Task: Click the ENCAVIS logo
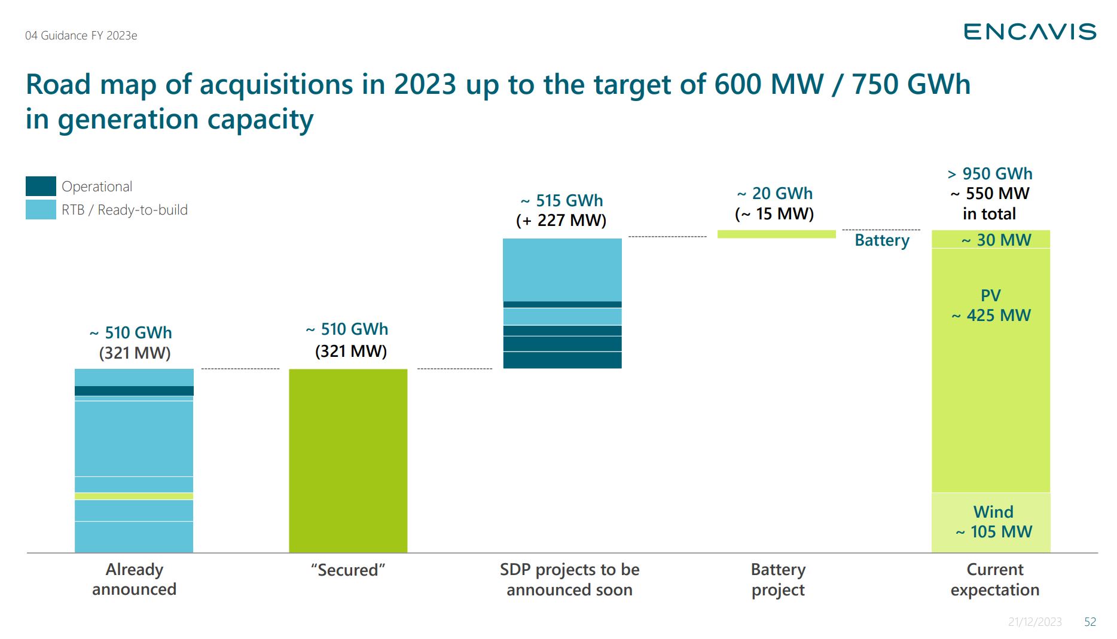(1030, 32)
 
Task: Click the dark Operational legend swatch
(41, 186)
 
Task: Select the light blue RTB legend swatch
(41, 210)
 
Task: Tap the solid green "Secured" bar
(348, 460)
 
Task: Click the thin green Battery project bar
(776, 234)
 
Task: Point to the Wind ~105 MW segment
(991, 522)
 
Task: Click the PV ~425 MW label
(991, 305)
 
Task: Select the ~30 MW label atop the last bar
(996, 240)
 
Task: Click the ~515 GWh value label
(561, 200)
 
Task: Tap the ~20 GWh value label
(775, 194)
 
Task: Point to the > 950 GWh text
(990, 174)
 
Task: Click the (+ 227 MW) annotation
(561, 221)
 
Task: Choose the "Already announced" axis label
(134, 579)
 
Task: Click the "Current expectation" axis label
(995, 579)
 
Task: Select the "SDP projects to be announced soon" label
(569, 579)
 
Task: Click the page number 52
(1090, 622)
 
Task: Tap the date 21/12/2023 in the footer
(1034, 622)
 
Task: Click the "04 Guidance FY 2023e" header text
(81, 36)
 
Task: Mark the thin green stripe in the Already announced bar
(134, 496)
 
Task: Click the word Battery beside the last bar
(882, 240)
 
